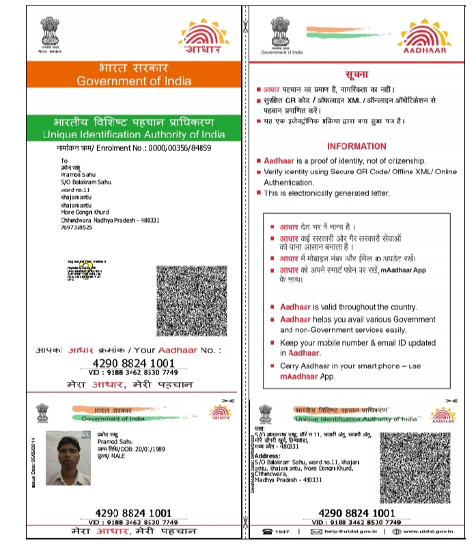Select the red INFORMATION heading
point(356,146)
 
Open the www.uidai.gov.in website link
point(427,531)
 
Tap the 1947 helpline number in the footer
point(281,531)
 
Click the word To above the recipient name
point(65,161)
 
